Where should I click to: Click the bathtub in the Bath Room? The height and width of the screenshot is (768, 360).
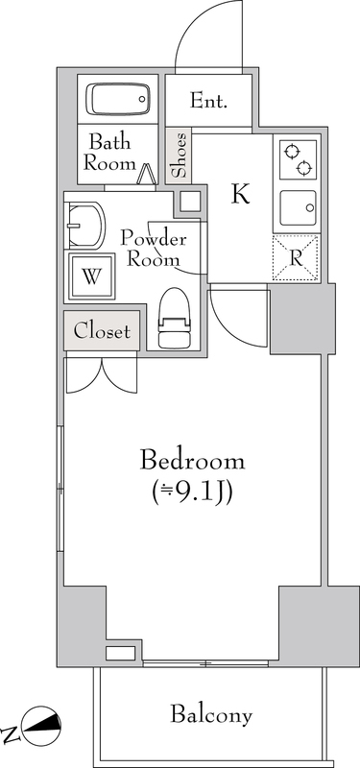118,99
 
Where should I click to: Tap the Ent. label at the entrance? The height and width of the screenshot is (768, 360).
208,101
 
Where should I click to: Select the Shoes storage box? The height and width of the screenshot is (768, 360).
179,155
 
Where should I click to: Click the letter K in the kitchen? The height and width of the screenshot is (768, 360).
241,194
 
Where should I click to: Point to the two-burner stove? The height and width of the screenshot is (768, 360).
298,159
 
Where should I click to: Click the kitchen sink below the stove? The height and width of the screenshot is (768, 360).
298,207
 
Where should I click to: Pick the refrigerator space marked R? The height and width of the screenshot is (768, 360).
296,258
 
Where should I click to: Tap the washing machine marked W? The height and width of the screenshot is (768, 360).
91,276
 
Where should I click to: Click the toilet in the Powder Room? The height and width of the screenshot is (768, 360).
174,318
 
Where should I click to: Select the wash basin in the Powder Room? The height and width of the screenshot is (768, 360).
84,226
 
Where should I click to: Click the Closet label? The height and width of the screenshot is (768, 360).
102,331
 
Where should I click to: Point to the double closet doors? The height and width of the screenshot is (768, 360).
102,375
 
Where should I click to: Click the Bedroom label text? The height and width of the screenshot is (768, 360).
192,462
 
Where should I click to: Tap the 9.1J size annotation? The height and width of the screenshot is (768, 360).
191,492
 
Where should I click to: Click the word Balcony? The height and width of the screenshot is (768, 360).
211,715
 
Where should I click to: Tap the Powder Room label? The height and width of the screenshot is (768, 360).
154,249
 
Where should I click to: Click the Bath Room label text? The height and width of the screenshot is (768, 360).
109,153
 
